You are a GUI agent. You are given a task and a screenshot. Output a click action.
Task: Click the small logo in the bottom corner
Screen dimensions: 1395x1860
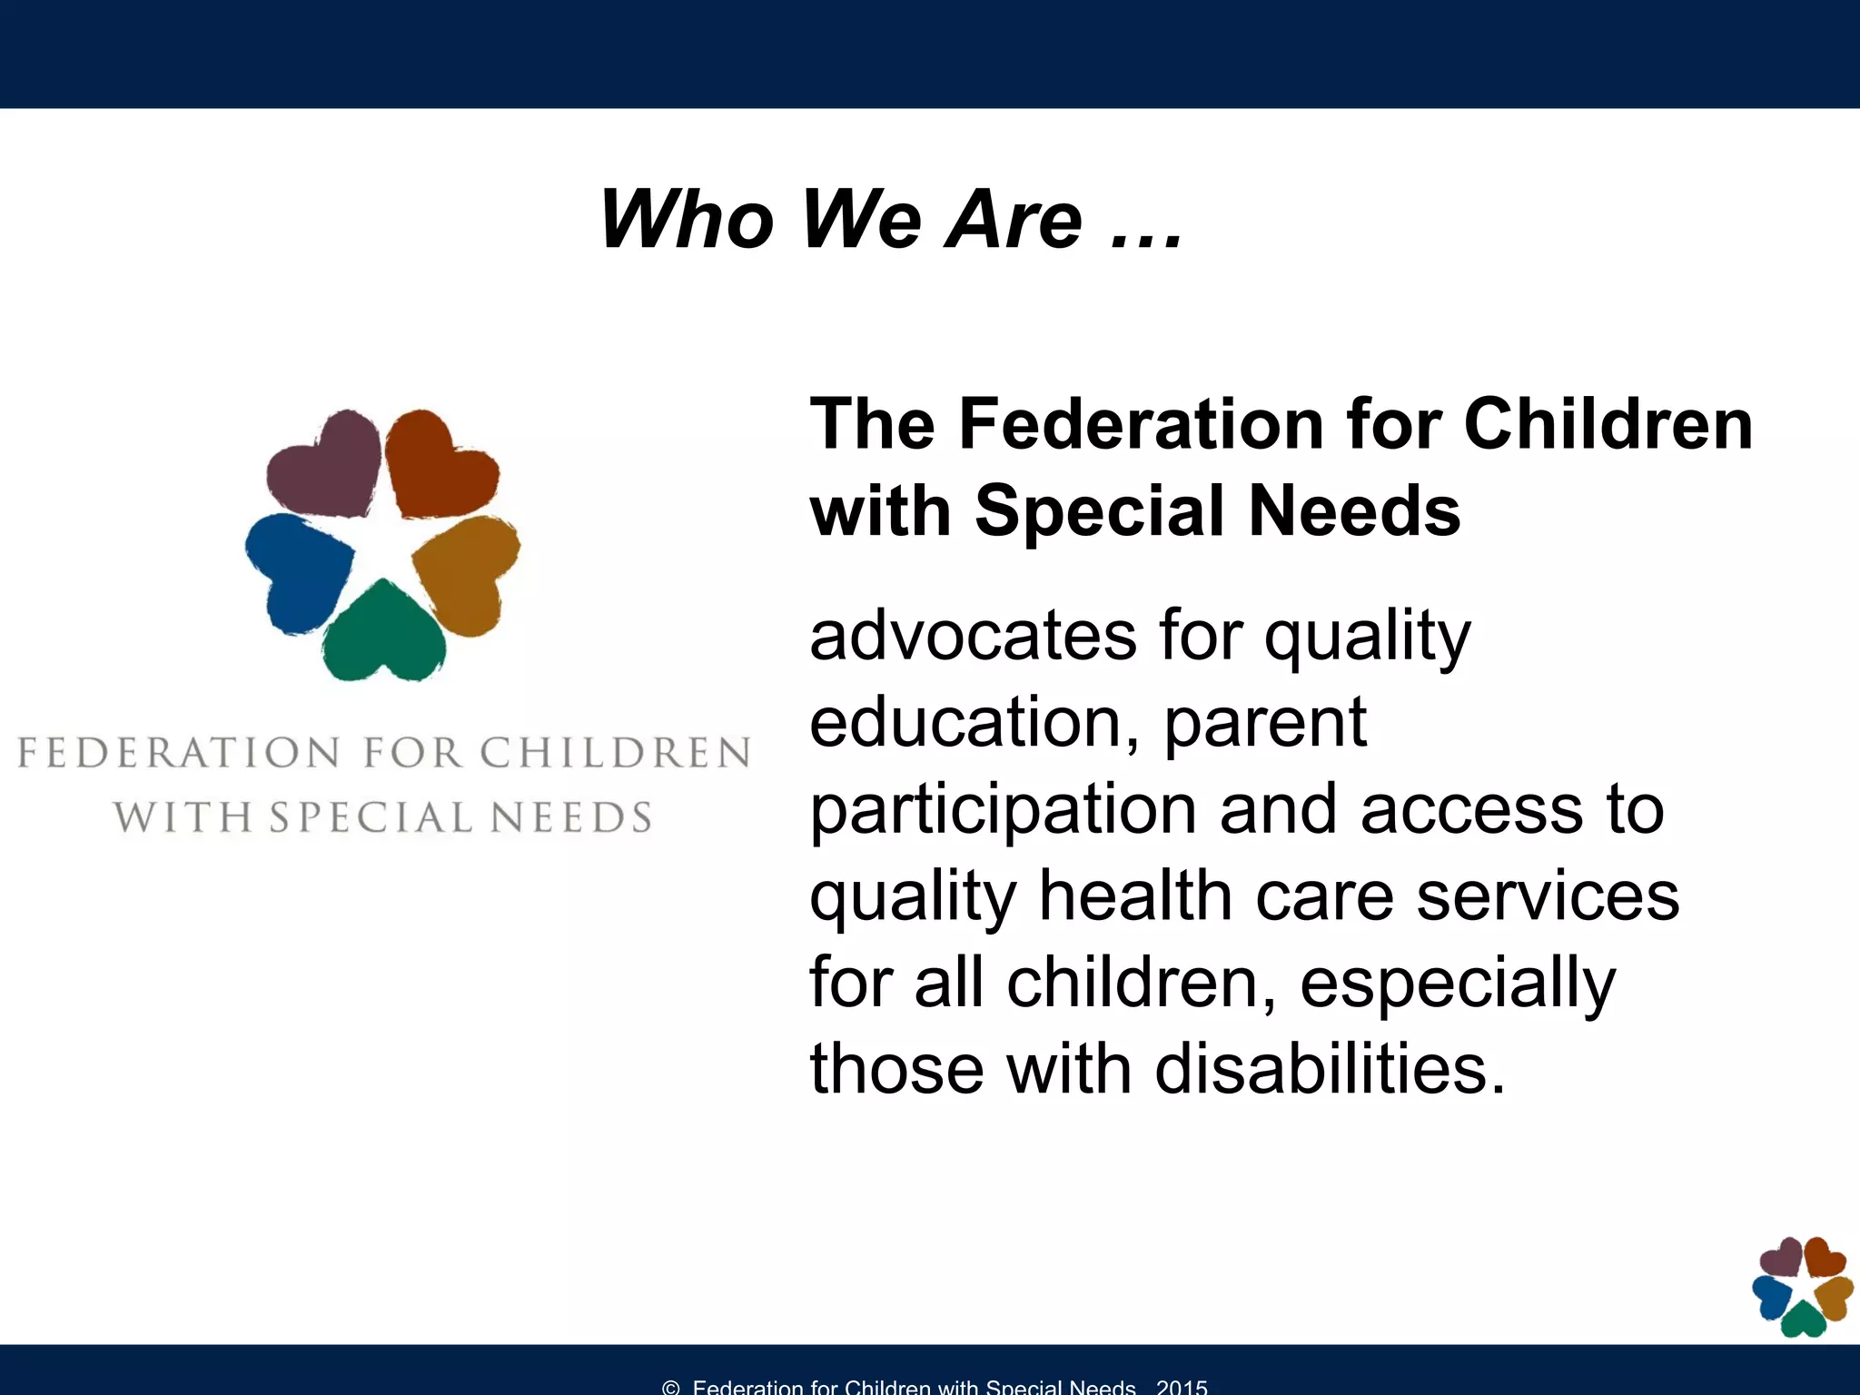1802,1286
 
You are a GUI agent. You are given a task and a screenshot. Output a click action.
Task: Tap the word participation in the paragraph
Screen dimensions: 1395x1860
1003,810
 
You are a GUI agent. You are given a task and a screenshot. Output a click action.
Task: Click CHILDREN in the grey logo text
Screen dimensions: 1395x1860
615,753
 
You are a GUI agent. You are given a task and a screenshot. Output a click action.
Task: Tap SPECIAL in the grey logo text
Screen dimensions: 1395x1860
371,817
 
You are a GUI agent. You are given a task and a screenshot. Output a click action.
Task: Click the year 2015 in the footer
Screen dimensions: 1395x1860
1182,1386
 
